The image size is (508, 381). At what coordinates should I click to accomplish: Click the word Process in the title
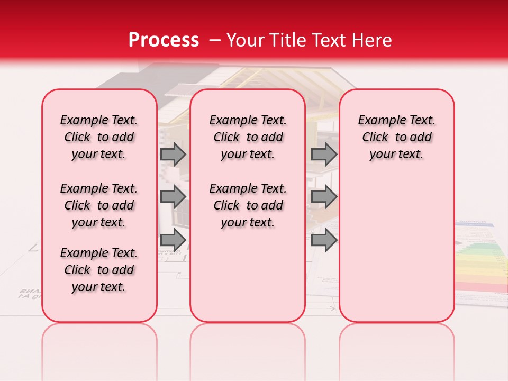[163, 40]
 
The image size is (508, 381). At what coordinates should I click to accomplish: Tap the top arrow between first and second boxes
[173, 154]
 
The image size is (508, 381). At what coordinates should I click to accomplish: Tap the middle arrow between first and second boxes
[173, 197]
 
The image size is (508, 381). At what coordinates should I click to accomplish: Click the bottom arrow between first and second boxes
[173, 240]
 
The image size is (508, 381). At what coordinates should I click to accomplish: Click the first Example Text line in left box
[99, 120]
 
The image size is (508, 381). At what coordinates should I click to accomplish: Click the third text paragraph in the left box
[99, 270]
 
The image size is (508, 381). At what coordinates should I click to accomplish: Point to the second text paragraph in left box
[99, 205]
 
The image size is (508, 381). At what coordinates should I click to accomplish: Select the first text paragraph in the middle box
[248, 137]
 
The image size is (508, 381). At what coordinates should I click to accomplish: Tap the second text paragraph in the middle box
[248, 205]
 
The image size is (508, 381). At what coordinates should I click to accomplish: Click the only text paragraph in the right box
[397, 137]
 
